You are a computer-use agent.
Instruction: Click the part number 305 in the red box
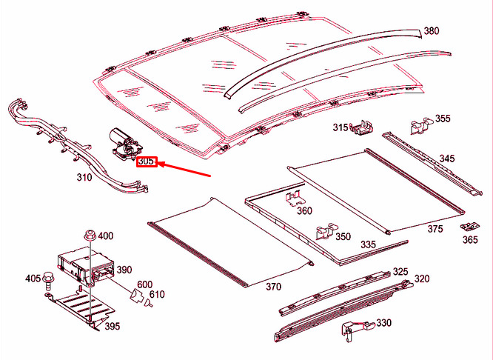[147, 161]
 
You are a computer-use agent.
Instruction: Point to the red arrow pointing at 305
[185, 170]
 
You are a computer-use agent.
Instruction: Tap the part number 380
[431, 31]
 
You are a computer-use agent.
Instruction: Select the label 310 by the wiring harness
[84, 178]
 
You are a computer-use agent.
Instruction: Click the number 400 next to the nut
[105, 236]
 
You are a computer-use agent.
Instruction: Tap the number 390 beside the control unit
[124, 270]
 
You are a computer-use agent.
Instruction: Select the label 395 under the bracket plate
[111, 327]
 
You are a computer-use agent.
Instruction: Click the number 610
[156, 295]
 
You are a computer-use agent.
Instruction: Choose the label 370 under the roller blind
[273, 287]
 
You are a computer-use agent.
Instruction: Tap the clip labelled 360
[293, 199]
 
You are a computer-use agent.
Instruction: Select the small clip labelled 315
[362, 127]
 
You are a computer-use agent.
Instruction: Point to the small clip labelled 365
[467, 226]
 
